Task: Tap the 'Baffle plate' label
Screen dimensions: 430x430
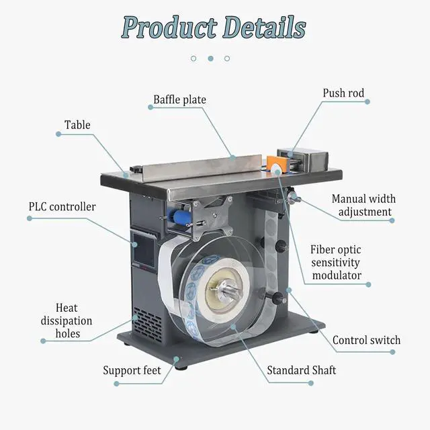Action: coord(179,100)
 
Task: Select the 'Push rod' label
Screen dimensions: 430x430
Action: coord(343,93)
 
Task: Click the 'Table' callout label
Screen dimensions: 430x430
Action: coord(77,125)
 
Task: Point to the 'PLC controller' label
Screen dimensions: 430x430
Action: coord(62,207)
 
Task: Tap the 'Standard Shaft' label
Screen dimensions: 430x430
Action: coord(301,370)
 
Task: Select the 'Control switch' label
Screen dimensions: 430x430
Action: coord(366,340)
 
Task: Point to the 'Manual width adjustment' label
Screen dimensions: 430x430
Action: coord(364,206)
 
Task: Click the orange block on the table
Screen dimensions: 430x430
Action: coord(275,164)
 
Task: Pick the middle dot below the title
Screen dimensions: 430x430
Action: coord(210,58)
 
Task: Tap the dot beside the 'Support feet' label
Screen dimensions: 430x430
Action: coord(116,384)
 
